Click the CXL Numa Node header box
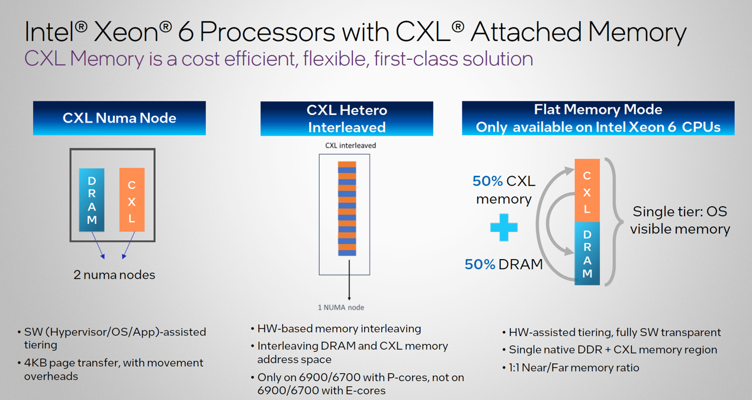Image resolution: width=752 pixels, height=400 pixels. (x=119, y=118)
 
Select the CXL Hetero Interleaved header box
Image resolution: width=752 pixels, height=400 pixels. (x=347, y=119)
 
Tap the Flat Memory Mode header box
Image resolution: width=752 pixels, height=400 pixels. (x=598, y=118)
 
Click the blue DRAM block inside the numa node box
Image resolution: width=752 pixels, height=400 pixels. (x=92, y=200)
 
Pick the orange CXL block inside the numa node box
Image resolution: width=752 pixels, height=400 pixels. (x=132, y=200)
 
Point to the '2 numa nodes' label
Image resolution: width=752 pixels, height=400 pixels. (x=114, y=275)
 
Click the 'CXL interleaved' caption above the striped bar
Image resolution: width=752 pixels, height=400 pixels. (x=351, y=145)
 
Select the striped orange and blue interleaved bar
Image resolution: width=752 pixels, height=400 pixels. (x=347, y=209)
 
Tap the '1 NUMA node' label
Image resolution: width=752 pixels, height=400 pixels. (x=340, y=308)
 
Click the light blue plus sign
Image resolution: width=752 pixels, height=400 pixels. (x=504, y=228)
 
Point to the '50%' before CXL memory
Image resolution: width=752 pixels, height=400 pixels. (x=487, y=181)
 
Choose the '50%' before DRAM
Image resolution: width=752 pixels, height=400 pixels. (x=480, y=264)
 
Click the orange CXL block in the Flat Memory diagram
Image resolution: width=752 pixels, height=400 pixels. (x=587, y=190)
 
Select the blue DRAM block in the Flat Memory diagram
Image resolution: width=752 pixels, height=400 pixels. (x=587, y=254)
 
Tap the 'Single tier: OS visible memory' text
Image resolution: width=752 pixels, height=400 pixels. (x=680, y=220)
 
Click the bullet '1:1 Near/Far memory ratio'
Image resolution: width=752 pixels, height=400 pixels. (x=571, y=368)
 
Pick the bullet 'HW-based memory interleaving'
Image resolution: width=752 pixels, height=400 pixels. (x=336, y=328)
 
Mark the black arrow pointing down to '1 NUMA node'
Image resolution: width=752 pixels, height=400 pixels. (x=349, y=280)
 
